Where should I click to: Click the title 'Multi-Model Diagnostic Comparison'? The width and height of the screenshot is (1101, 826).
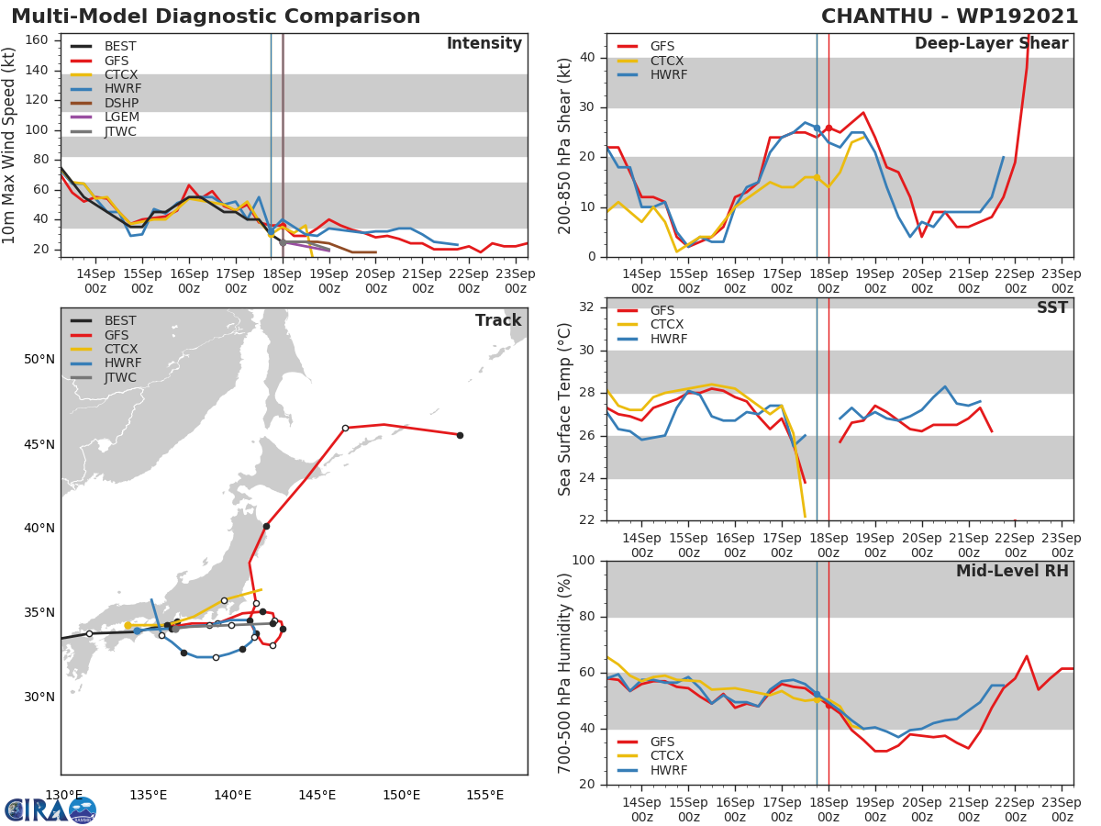click(216, 17)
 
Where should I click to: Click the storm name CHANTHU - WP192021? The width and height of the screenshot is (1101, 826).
click(950, 17)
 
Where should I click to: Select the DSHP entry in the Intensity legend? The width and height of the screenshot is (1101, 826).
click(121, 103)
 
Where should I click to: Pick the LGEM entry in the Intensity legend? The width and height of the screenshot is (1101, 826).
click(121, 117)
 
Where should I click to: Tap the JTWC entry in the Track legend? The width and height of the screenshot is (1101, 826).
click(119, 378)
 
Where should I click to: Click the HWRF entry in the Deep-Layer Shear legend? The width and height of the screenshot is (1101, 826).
click(668, 75)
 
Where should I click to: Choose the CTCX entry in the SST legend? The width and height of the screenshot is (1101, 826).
click(666, 325)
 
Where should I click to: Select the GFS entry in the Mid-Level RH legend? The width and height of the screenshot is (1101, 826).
click(666, 742)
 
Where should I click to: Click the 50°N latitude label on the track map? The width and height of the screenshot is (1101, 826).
click(39, 359)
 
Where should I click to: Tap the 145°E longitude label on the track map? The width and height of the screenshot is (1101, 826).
click(317, 795)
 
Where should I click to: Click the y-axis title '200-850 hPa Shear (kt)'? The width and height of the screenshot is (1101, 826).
click(565, 145)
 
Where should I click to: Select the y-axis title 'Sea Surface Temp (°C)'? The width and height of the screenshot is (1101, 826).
click(565, 409)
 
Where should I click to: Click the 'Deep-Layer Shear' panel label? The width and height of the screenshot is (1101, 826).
click(991, 44)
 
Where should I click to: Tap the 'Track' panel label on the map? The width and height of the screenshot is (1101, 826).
click(498, 320)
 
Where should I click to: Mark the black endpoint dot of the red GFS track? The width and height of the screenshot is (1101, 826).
click(460, 435)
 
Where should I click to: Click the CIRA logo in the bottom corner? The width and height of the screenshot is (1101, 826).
click(50, 809)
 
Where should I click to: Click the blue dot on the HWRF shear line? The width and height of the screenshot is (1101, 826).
click(817, 128)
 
